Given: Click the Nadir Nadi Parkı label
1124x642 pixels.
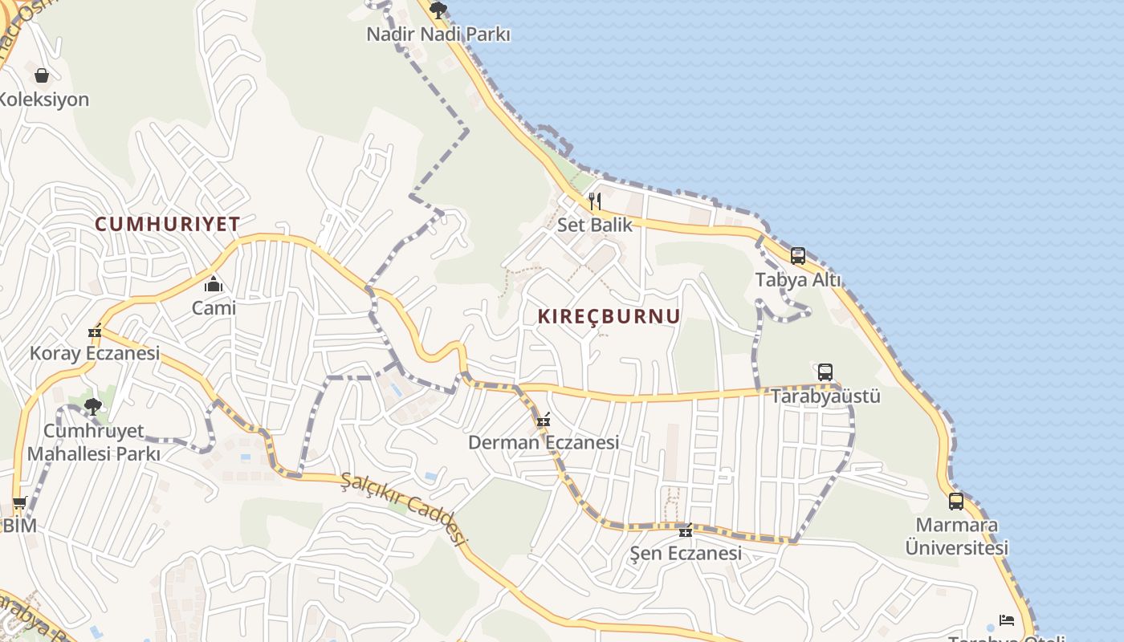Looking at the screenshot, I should pos(438,35).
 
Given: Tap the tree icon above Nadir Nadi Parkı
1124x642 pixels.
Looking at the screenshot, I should pos(438,10).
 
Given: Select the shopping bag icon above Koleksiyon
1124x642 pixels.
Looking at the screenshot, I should pos(42,75).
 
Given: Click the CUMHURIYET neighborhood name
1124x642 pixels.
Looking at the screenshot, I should pos(168,224).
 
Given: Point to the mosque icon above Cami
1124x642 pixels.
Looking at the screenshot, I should pos(214,284).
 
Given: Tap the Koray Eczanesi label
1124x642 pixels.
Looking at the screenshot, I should pos(95,353).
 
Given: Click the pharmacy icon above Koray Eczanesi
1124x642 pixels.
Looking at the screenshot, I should pos(96,331).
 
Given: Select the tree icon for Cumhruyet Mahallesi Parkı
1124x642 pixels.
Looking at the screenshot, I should pos(93,406).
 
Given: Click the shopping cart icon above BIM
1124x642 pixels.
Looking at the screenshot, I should pos(19,503).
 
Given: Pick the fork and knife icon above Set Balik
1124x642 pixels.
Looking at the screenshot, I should pos(595,201).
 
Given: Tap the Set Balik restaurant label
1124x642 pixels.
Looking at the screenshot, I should pos(595,225).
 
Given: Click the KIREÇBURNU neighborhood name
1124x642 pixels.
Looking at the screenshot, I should pos(609,316).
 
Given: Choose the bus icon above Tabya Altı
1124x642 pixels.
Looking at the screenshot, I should pos(798,256).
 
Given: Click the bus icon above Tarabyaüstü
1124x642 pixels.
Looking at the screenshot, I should pos(825,372).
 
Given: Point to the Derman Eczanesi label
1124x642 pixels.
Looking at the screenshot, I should pos(544,442).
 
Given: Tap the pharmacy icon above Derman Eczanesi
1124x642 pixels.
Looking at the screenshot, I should pos(544,420).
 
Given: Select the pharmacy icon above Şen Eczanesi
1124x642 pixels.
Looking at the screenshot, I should pos(685,530).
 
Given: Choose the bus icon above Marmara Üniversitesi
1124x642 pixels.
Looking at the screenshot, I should pos(956,502).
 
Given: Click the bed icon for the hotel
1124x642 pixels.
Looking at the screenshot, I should pos(1007,620).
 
